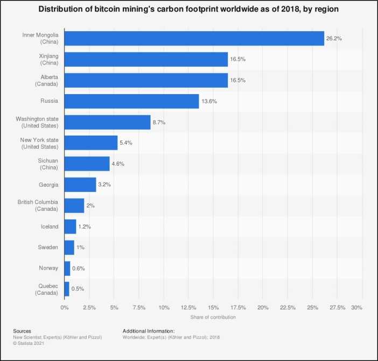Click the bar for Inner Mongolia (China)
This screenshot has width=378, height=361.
tap(194, 38)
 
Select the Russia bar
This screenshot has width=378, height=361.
tap(131, 101)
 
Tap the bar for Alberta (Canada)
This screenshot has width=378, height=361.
tap(146, 80)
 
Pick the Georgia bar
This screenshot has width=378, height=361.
tap(80, 185)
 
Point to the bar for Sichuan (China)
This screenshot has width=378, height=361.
tap(87, 164)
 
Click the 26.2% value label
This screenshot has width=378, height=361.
tap(334, 39)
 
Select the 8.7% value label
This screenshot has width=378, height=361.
tap(159, 122)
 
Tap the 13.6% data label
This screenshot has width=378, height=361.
tap(209, 101)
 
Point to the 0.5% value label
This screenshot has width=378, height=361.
tap(79, 289)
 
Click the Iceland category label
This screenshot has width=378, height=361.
tap(50, 226)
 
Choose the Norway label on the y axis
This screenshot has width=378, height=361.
tap(49, 268)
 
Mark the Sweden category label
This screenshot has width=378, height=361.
tap(48, 247)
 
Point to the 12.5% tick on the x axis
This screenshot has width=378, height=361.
tap(188, 308)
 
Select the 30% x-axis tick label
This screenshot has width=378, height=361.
tap(356, 308)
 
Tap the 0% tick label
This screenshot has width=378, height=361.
tap(65, 308)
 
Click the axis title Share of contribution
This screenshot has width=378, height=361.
tap(213, 317)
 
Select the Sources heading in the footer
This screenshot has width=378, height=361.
tap(22, 331)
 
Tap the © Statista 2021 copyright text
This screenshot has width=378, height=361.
tap(29, 343)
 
